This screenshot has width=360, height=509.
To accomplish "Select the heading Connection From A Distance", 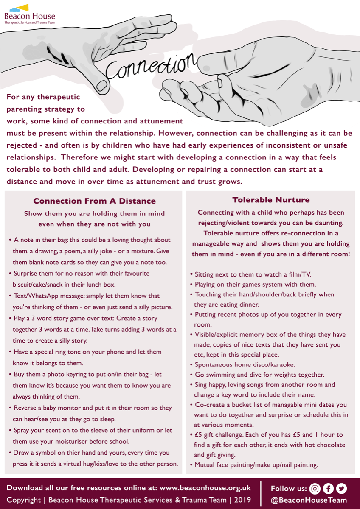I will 94,201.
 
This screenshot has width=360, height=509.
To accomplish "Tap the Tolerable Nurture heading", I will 271,200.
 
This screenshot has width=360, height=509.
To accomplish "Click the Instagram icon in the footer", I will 315,488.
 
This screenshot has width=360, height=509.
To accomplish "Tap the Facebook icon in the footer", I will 328,488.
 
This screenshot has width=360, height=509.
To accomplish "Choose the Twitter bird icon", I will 341,488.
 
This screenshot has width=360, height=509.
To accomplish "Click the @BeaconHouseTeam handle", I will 309,501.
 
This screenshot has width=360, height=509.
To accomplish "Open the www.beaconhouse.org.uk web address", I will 205,488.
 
